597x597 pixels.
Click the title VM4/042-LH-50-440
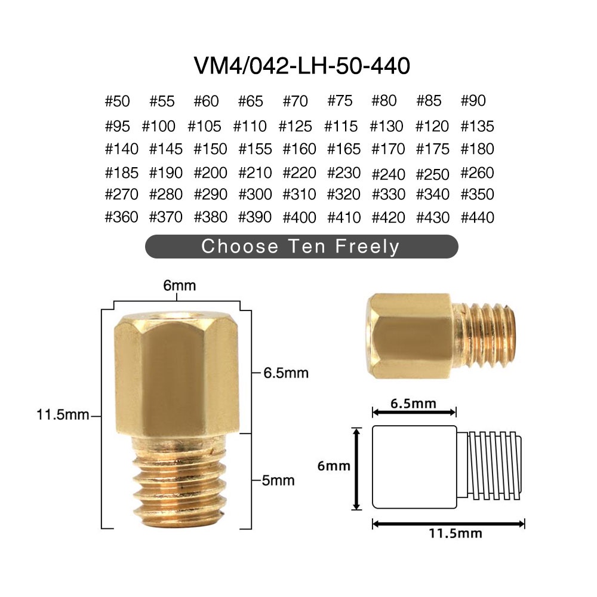point(302,66)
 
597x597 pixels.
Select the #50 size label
point(117,101)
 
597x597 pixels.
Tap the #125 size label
point(295,126)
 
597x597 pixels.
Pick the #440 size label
point(478,217)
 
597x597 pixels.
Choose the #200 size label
point(210,173)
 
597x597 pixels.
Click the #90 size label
point(473,101)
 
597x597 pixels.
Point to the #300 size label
point(255,195)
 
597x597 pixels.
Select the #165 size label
point(344,149)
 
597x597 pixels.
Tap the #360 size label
point(121,217)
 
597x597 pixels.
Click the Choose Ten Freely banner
point(301,247)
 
